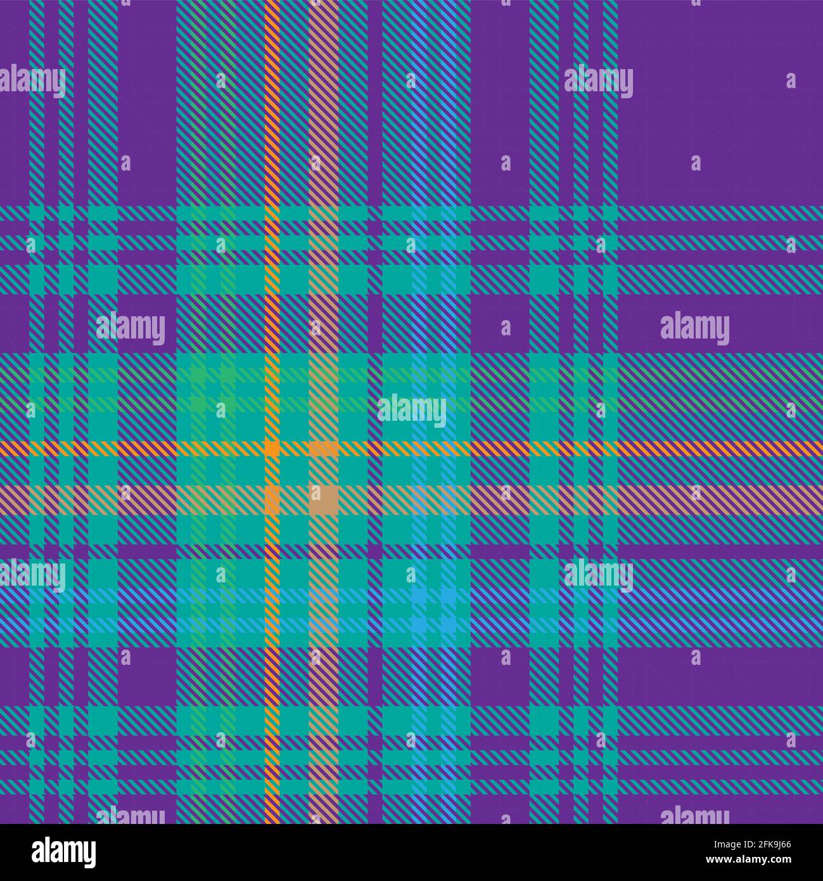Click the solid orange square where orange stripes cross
point(272,448)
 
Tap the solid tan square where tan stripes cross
point(323,499)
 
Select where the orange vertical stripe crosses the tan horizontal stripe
point(272,499)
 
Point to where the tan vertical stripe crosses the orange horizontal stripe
point(323,448)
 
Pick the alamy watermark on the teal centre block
point(412,411)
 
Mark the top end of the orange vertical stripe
point(272,3)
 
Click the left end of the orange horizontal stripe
point(3,448)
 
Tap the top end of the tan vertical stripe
point(323,3)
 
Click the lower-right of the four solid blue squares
point(448,625)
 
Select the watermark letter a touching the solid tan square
point(316,492)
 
